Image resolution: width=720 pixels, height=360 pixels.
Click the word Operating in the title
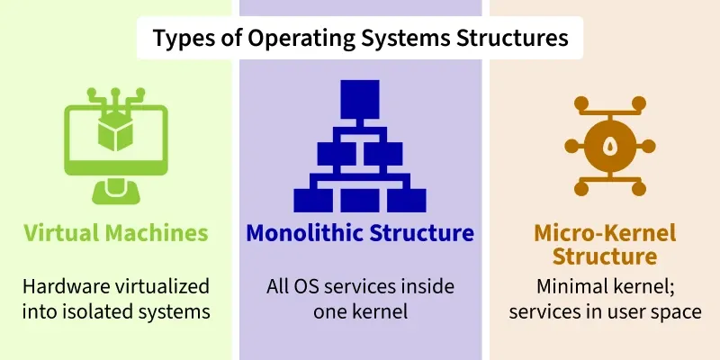pyautogui.click(x=301, y=39)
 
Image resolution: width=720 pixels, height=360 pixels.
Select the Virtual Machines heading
pyautogui.click(x=116, y=233)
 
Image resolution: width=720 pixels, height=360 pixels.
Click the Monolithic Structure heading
pyautogui.click(x=360, y=233)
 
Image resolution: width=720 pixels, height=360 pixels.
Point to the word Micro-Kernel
pyautogui.click(x=605, y=233)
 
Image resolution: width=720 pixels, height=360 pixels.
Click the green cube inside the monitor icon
pyautogui.click(x=115, y=130)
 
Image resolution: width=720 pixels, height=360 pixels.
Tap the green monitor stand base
pyautogui.click(x=116, y=192)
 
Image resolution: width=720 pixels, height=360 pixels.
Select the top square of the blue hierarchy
pyautogui.click(x=359, y=99)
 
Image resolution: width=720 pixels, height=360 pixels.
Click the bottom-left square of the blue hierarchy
pyautogui.click(x=313, y=200)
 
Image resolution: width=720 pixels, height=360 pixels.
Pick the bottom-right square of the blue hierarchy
pyautogui.click(x=407, y=200)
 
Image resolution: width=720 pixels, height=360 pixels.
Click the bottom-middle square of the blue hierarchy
pyautogui.click(x=359, y=200)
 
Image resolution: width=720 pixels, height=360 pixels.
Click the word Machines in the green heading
pyautogui.click(x=157, y=233)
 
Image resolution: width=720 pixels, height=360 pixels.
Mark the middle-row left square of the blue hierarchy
pyautogui.click(x=337, y=154)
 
